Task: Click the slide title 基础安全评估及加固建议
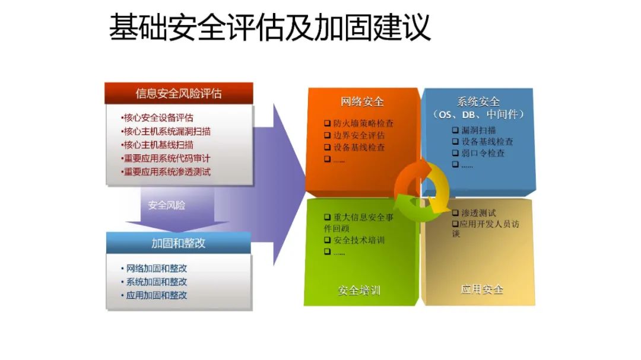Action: coord(270,27)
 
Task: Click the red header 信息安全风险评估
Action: coord(179,94)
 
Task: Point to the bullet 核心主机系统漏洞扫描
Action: coord(167,131)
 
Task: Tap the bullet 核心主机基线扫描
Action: coord(158,145)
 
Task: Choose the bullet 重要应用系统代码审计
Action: coord(167,158)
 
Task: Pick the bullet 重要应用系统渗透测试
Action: coord(167,171)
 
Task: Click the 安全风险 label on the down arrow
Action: coord(166,205)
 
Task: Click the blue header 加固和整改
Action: coord(178,243)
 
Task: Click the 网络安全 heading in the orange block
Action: coord(362,102)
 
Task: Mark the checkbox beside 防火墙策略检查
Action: coord(328,123)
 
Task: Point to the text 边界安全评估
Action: coord(359,135)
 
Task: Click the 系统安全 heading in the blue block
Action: coord(478,101)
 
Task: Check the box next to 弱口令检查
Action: coord(455,153)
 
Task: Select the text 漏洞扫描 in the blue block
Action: coord(479,130)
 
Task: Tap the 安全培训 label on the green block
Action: coord(359,291)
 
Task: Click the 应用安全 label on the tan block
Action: coord(482,289)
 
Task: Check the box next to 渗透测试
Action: coord(455,213)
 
